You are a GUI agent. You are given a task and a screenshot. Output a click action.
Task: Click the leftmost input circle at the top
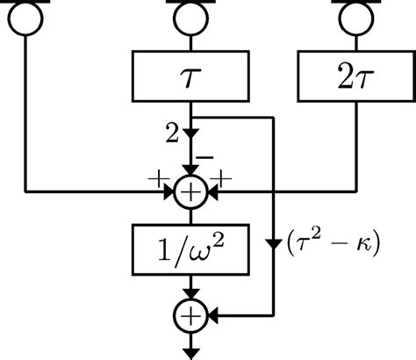27,18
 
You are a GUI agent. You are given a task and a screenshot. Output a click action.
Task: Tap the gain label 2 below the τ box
173,134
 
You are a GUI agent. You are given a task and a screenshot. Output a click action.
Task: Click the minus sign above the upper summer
206,155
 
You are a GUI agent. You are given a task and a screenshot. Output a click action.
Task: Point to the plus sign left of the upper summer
160,178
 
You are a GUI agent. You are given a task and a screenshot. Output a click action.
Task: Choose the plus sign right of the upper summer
221,178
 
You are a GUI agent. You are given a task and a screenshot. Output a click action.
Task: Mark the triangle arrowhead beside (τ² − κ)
275,238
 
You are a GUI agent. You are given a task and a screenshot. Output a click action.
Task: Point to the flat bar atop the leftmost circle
27,3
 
